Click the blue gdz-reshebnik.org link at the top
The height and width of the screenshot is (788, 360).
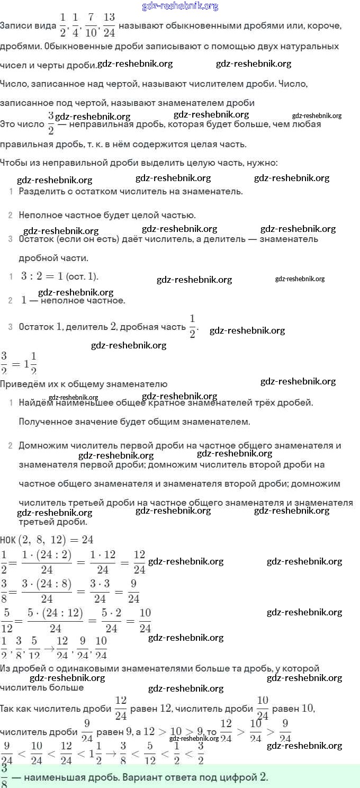180,6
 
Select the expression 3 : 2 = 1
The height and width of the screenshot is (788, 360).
42,276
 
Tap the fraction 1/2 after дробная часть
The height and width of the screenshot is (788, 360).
192,326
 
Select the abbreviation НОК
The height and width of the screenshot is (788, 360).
8,540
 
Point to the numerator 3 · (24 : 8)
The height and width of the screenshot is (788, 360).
47,585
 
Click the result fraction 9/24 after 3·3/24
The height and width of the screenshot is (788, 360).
134,592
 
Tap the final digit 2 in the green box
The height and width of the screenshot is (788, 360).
263,777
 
